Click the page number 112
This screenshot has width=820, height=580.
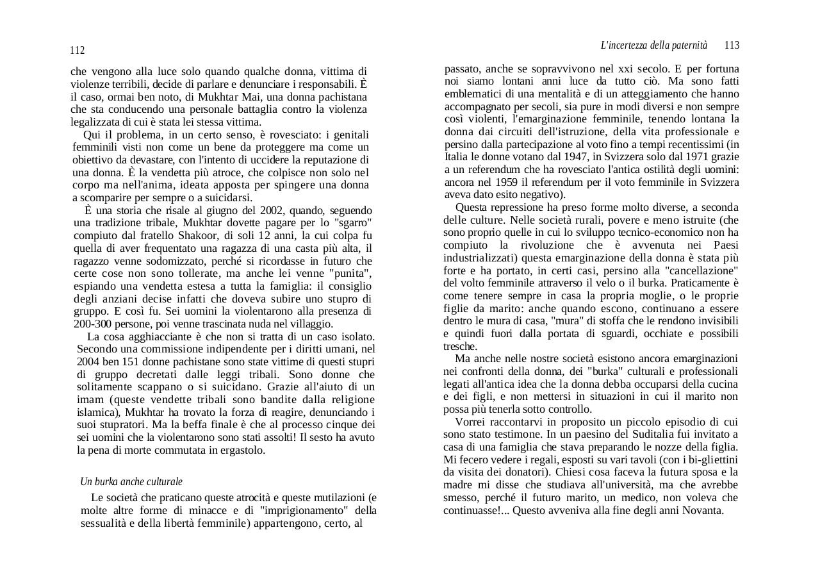(x=77, y=51)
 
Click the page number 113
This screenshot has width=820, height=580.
(x=732, y=46)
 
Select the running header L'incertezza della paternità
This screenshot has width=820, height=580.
(x=653, y=46)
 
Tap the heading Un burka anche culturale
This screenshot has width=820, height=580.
(x=131, y=481)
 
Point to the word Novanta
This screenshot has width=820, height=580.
(x=703, y=511)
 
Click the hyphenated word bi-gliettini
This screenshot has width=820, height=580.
(x=709, y=460)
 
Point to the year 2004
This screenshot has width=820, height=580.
(x=88, y=361)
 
